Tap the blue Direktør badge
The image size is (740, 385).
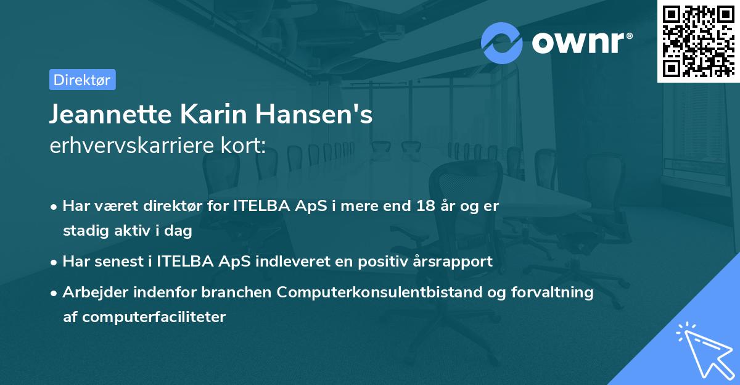point(82,80)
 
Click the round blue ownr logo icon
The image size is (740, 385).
point(501,43)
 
